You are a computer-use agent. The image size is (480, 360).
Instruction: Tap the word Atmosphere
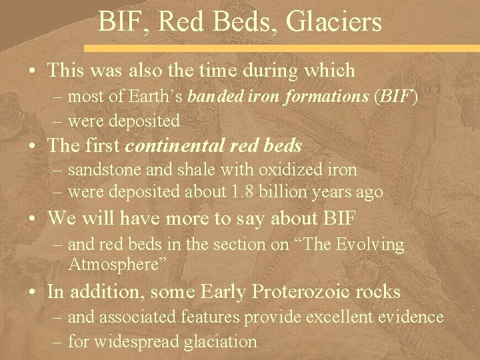click(114, 263)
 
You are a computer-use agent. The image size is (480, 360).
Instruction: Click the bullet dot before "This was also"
click(31, 69)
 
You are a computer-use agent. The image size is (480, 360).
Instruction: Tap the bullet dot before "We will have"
click(31, 217)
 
